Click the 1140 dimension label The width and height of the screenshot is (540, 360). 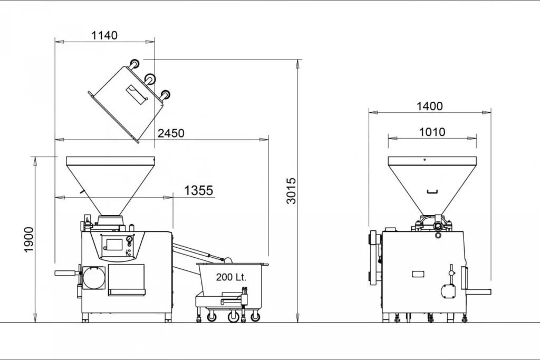(x=104, y=35)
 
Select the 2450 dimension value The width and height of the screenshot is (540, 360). (x=171, y=133)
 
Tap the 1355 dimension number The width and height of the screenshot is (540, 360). (x=198, y=190)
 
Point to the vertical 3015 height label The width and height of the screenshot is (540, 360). (x=291, y=191)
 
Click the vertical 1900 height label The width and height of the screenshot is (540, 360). (x=28, y=239)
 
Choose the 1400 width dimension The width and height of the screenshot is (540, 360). (x=429, y=106)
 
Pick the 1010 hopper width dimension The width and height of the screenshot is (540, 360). (x=432, y=132)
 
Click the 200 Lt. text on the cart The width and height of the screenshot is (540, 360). (x=231, y=277)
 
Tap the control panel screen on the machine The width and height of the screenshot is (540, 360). (x=114, y=244)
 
